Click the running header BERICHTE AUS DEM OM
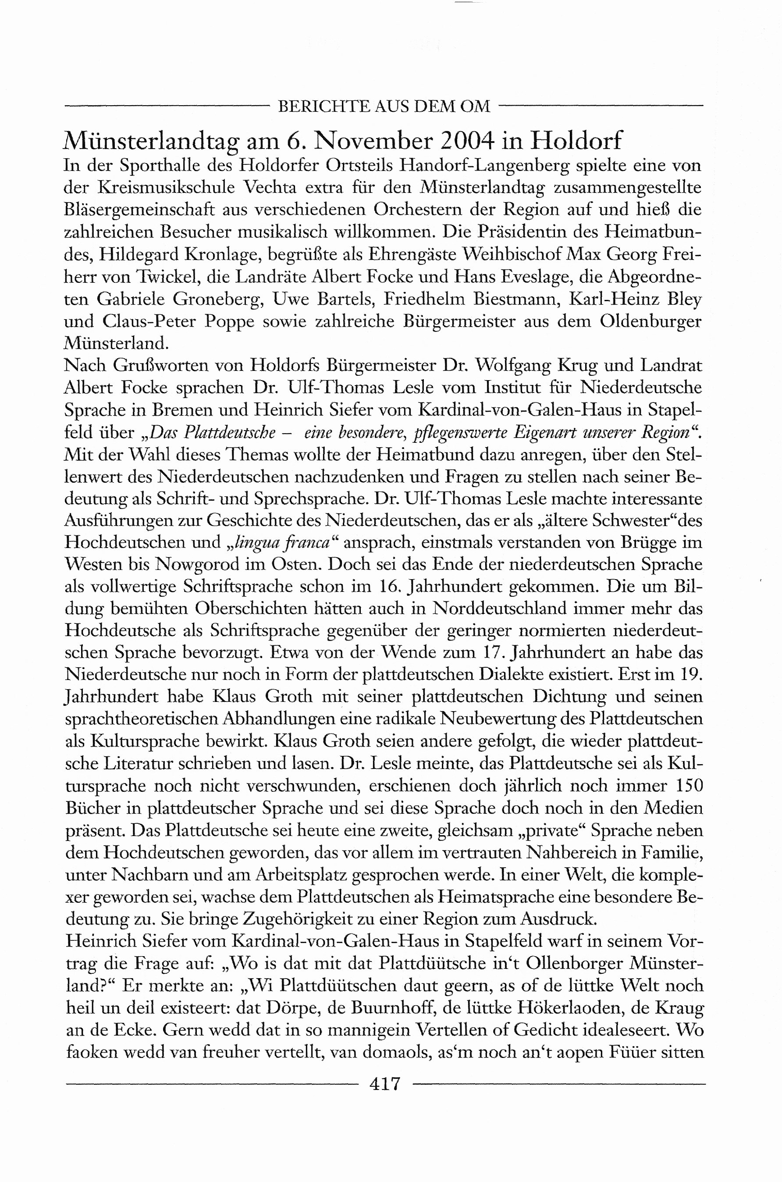[384, 106]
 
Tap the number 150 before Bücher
[689, 786]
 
